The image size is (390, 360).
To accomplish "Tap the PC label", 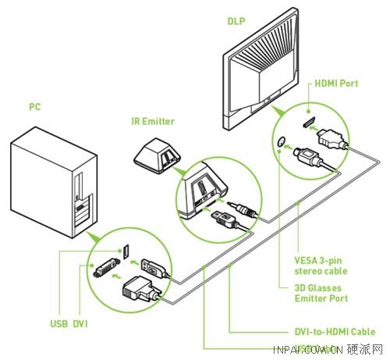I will [34, 106].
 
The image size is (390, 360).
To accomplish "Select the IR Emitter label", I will [152, 121].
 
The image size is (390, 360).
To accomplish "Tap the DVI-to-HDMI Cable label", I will [340, 332].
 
